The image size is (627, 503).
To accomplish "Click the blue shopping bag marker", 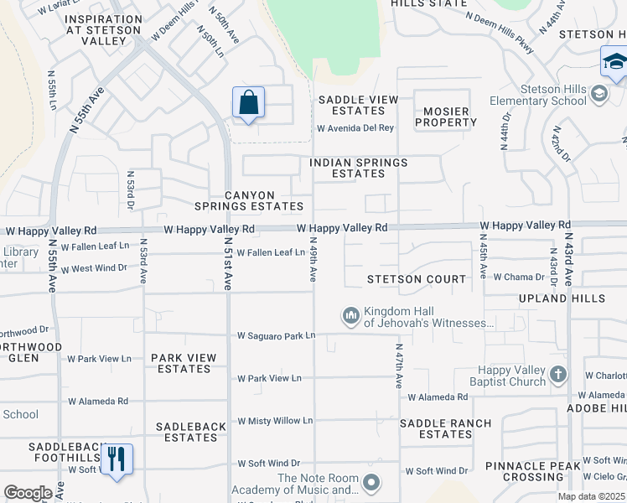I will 248,103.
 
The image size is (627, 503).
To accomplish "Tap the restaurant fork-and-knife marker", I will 116,459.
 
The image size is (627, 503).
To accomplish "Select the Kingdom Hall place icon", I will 350,316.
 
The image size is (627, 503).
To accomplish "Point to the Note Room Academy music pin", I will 372,483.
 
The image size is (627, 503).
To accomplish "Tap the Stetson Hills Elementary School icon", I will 599,93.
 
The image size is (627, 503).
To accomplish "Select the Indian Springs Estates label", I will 359,168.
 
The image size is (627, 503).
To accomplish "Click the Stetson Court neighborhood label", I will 417,279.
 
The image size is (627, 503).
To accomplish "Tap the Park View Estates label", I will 184,363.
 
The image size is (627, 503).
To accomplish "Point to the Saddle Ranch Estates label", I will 446,428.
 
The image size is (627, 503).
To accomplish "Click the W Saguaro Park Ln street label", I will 276,335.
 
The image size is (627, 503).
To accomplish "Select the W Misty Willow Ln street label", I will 274,421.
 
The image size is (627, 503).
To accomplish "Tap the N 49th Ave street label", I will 313,262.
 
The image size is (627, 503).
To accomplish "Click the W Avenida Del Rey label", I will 355,128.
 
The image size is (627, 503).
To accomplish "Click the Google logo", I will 28,493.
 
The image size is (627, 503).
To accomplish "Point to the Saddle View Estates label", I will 358,105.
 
